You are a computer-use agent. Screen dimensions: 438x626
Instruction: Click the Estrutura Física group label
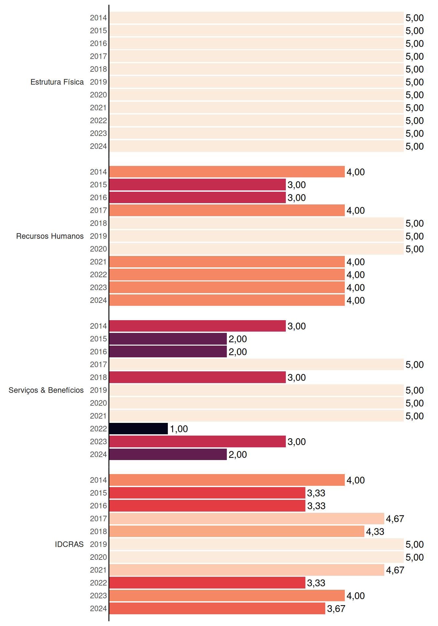click(57, 82)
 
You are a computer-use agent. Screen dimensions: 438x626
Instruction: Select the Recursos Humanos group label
click(50, 236)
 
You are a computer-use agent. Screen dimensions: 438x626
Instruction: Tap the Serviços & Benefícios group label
click(46, 390)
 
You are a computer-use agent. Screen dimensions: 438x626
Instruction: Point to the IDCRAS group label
click(69, 544)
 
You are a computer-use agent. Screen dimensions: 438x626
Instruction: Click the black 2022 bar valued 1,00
click(139, 429)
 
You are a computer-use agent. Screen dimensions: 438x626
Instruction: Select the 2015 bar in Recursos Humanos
click(197, 185)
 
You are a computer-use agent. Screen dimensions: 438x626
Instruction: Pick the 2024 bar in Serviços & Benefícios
click(168, 454)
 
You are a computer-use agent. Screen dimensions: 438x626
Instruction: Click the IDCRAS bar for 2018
click(237, 531)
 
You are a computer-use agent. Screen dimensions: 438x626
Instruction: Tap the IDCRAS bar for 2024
click(217, 608)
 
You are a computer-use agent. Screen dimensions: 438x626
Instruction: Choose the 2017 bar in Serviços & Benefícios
click(256, 365)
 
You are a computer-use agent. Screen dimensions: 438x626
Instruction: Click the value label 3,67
click(336, 609)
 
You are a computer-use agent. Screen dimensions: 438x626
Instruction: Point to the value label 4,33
click(375, 532)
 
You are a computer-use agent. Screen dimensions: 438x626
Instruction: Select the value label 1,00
click(179, 429)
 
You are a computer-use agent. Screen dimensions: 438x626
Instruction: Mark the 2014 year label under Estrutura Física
click(98, 18)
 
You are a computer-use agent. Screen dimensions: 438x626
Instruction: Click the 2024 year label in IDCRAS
click(98, 608)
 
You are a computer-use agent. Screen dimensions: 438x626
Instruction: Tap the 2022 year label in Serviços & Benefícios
click(98, 429)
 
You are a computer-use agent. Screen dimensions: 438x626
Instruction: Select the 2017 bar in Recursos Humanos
click(227, 210)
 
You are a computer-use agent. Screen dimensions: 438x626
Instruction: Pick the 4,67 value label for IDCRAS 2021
click(395, 570)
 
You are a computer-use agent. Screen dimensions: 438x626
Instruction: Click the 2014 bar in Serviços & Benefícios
click(197, 326)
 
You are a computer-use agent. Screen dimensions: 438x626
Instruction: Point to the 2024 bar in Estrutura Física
click(256, 146)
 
